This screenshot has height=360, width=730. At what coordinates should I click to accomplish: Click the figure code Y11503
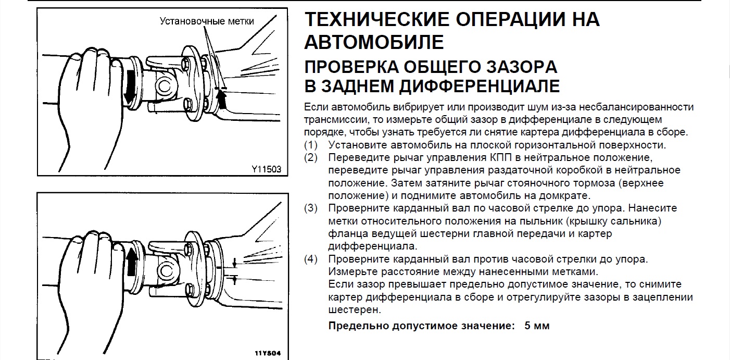(x=266, y=169)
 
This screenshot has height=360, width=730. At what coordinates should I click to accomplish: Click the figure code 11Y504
(x=268, y=353)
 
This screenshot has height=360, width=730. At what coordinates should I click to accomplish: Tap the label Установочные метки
(x=207, y=21)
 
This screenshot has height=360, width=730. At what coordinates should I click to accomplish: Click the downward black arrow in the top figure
(x=130, y=86)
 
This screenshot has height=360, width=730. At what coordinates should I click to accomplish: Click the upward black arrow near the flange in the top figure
(x=222, y=99)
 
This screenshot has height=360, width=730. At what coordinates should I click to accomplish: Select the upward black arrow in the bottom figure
(x=132, y=262)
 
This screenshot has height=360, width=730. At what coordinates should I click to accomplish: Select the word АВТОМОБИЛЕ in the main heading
(x=374, y=42)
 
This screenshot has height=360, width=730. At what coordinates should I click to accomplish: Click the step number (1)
(x=310, y=145)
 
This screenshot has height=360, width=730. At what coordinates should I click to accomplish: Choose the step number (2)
(x=310, y=157)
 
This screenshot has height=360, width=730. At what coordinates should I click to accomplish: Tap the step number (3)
(x=310, y=208)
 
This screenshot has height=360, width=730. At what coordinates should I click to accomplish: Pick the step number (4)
(x=310, y=259)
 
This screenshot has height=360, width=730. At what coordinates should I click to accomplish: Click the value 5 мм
(x=537, y=326)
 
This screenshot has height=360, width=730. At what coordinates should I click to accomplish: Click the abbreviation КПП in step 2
(x=501, y=157)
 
